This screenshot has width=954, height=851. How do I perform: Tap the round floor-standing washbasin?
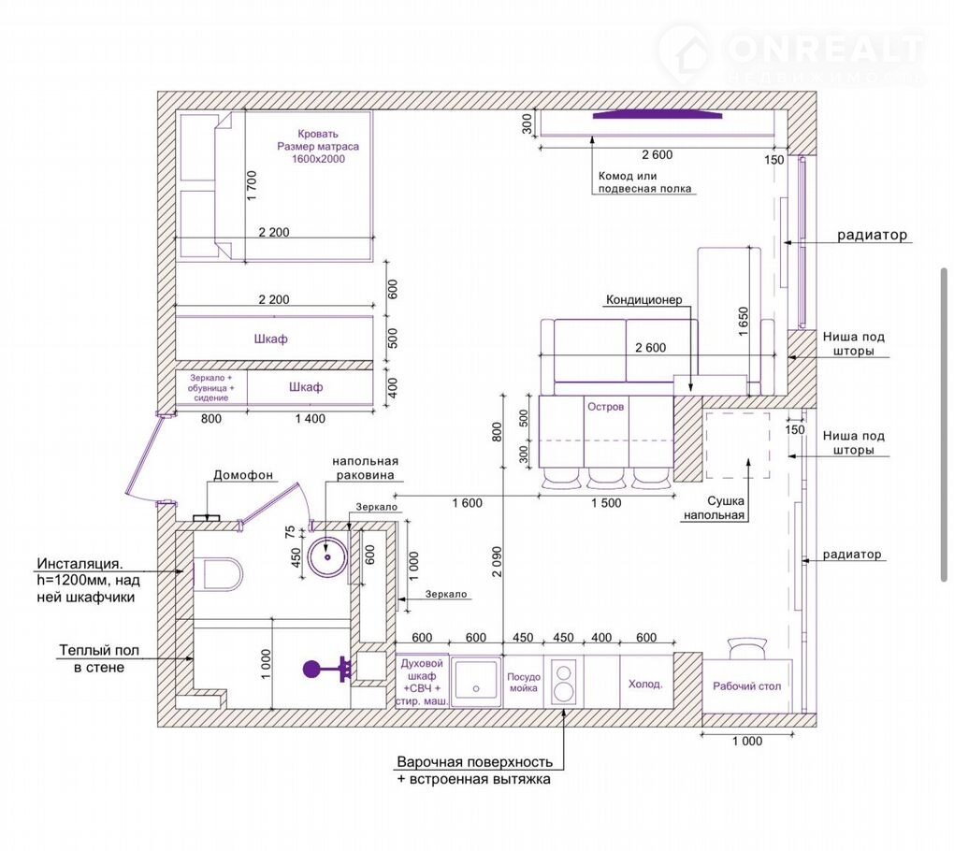click(327, 556)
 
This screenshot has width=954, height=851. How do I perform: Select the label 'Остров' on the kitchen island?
click(605, 407)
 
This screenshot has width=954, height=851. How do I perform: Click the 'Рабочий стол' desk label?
click(746, 686)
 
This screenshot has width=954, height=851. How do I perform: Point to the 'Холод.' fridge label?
click(645, 685)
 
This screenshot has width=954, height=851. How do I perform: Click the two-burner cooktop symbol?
click(564, 683)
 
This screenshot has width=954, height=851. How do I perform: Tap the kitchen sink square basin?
click(476, 682)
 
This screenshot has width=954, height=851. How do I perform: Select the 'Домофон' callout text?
click(243, 475)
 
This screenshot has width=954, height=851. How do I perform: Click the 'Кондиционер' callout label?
click(643, 300)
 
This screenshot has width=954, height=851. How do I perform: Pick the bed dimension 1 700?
click(252, 186)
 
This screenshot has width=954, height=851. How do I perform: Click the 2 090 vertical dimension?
click(497, 562)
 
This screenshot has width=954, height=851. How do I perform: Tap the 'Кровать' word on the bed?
click(318, 134)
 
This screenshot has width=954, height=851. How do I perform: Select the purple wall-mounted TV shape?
click(658, 115)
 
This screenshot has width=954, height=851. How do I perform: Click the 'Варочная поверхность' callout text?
click(474, 761)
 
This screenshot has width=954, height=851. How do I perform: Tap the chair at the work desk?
click(746, 648)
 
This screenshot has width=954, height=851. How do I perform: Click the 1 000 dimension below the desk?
click(747, 741)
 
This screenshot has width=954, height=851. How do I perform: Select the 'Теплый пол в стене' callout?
click(99, 658)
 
